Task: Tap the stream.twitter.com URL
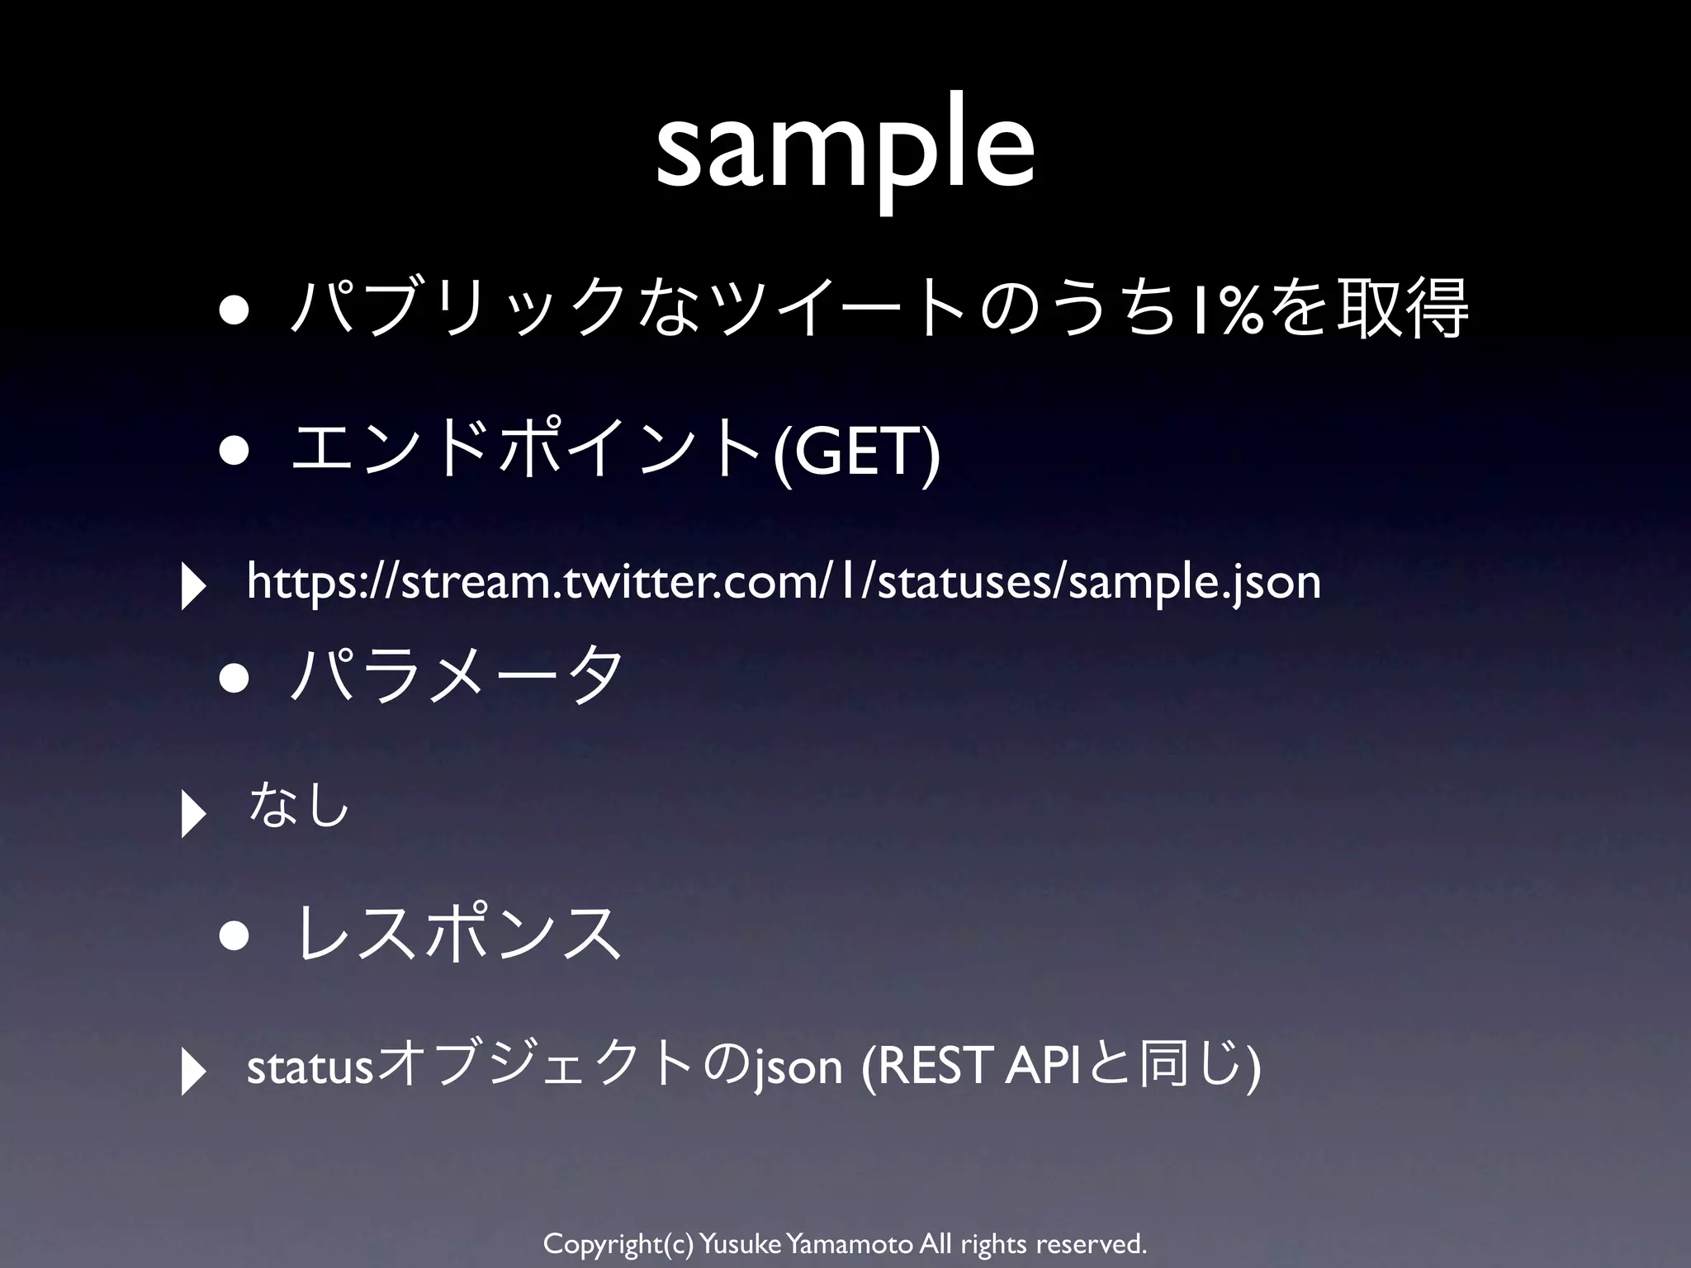click(783, 582)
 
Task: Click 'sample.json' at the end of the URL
click(1195, 582)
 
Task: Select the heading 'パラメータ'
click(457, 675)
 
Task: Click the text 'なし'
click(299, 806)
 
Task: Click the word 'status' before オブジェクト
click(310, 1067)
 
